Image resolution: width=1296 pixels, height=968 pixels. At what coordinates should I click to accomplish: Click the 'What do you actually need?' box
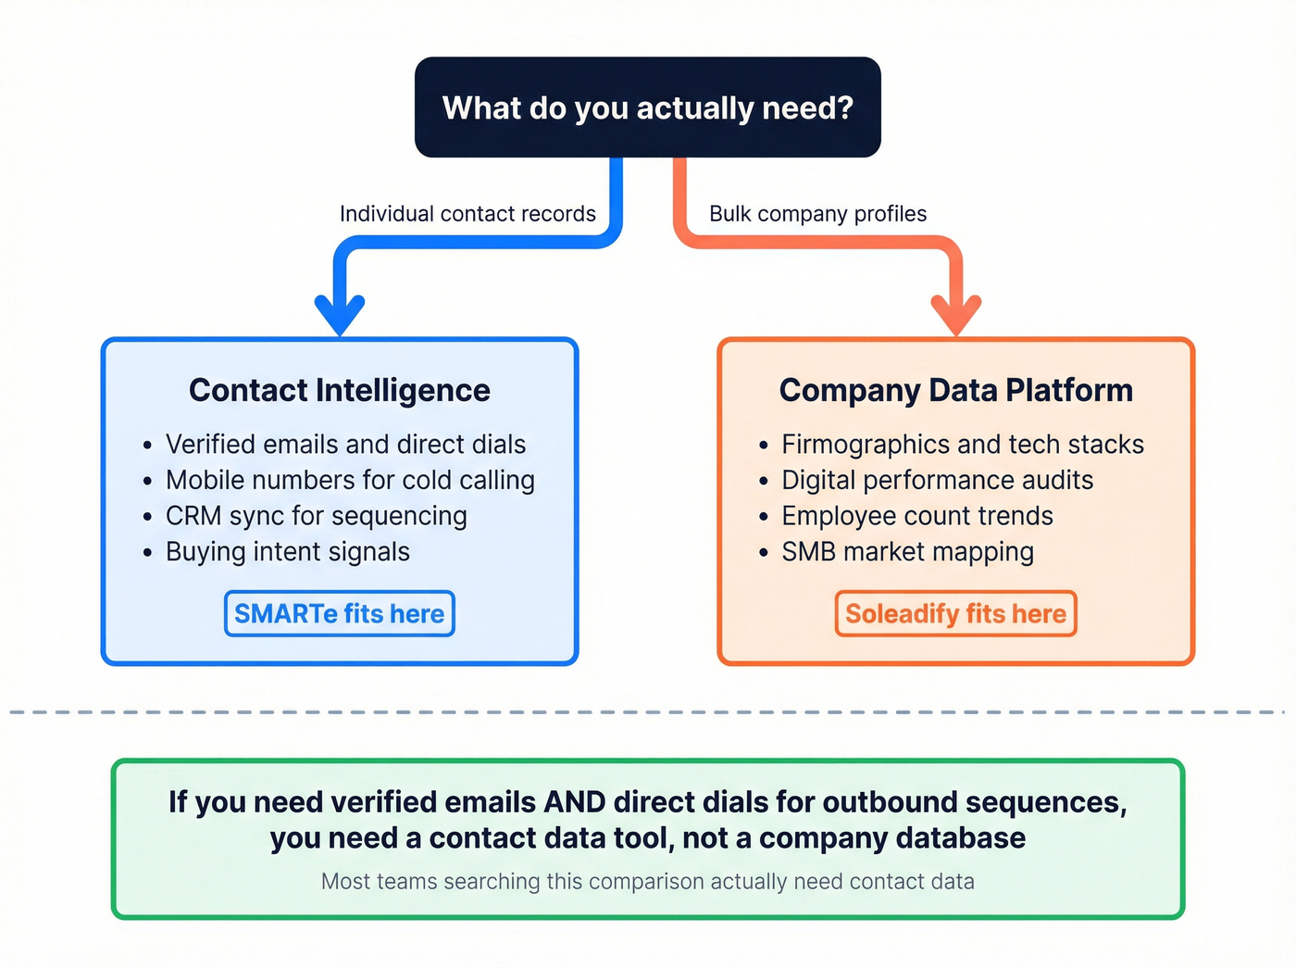(648, 107)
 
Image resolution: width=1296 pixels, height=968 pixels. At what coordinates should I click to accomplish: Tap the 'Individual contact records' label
(467, 214)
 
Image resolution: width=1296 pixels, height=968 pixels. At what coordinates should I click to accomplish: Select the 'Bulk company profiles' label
(817, 214)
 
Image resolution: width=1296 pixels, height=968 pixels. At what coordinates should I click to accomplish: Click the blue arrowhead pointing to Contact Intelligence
(340, 313)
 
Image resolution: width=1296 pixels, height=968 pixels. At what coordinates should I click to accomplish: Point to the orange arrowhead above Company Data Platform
(956, 313)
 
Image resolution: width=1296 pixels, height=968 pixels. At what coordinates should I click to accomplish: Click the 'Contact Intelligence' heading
(340, 390)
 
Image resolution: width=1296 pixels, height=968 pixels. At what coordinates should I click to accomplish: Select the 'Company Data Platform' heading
(956, 390)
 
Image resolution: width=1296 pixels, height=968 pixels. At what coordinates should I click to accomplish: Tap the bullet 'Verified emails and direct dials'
(345, 445)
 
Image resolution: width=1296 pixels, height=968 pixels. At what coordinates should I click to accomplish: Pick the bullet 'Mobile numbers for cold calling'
(350, 480)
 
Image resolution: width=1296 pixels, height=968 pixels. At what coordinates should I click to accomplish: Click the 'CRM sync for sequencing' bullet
(316, 516)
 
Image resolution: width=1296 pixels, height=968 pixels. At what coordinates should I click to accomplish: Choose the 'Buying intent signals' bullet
(287, 552)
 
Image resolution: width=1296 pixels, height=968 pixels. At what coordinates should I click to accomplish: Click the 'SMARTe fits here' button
(340, 613)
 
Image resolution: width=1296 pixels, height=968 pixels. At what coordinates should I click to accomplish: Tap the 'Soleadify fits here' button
(956, 613)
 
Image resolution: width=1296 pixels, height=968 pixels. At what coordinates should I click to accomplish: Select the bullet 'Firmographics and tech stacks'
(963, 445)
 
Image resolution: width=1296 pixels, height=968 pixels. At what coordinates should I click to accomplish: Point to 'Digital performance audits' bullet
(937, 480)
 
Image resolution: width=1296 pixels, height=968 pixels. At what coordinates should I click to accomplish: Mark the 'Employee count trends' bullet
(917, 516)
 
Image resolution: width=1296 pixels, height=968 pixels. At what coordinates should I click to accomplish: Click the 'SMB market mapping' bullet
(907, 552)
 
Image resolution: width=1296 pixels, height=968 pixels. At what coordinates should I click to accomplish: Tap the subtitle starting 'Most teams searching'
(648, 881)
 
